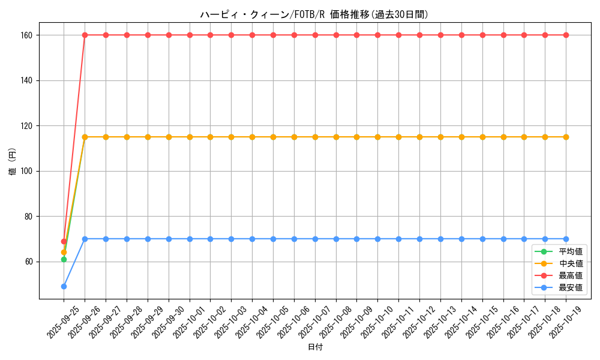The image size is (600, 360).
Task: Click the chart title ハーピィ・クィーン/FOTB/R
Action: coord(314,14)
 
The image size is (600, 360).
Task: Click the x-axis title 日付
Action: coord(315,347)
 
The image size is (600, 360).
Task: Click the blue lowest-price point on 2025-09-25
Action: coord(64,286)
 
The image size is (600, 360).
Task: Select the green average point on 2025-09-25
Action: coord(64,259)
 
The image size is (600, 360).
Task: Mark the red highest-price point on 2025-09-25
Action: coord(64,241)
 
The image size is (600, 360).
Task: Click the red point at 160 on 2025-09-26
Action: coord(85,35)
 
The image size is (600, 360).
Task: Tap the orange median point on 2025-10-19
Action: coord(566,137)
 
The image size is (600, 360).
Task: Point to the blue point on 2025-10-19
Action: coord(566,239)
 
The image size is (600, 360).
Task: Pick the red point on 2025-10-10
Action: coord(377,35)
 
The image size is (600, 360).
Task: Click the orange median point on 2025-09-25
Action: coord(64,252)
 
